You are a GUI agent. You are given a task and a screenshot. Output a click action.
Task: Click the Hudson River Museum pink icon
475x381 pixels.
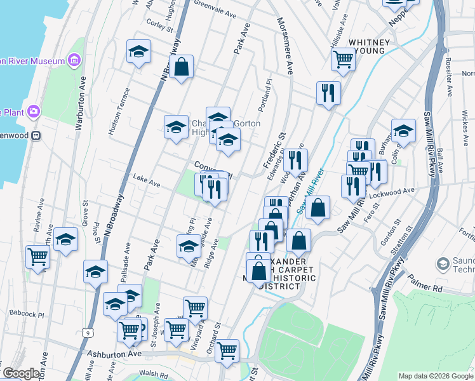(x=74, y=60)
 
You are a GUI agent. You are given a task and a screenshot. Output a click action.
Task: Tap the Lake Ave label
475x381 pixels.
(x=146, y=182)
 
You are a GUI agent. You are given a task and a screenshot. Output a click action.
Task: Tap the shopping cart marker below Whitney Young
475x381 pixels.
(x=343, y=60)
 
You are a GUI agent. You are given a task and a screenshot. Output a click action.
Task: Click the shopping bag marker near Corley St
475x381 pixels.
(x=181, y=69)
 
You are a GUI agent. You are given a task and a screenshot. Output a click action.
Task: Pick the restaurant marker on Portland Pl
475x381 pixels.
(x=328, y=93)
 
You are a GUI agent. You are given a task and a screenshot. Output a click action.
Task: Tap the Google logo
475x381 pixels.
(x=22, y=373)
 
